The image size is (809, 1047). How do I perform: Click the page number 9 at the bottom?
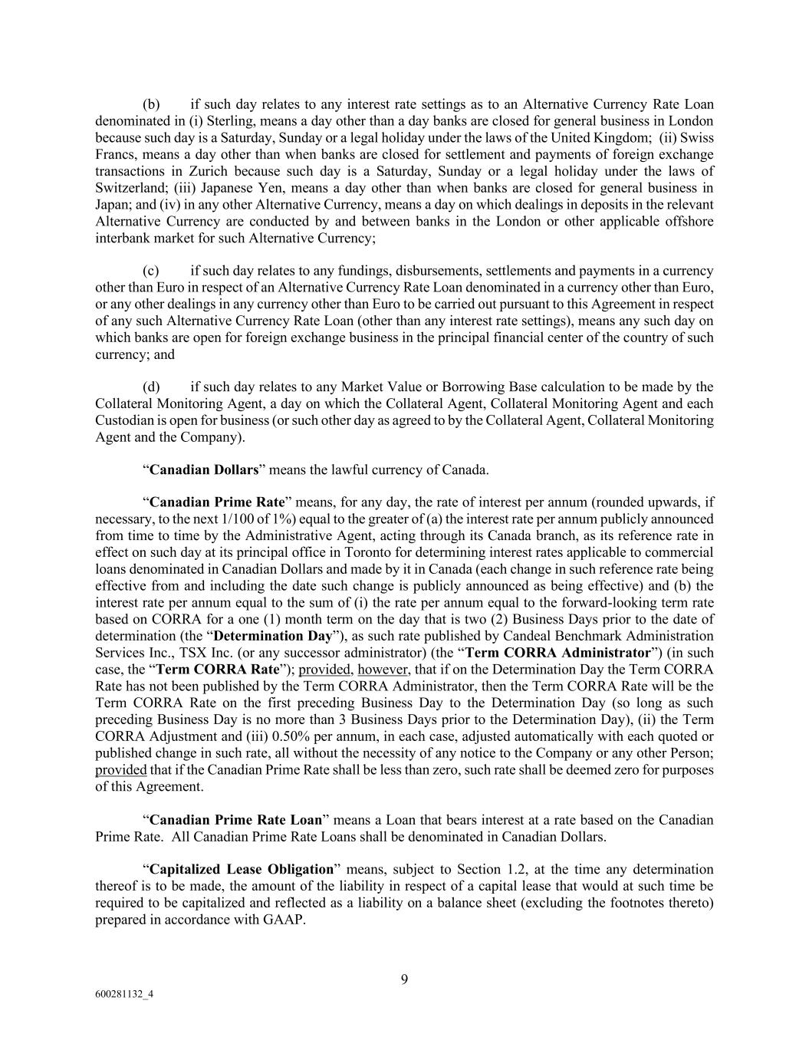tap(404, 979)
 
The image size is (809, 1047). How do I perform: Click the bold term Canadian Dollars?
tap(204, 469)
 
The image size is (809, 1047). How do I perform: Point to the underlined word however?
tap(383, 670)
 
